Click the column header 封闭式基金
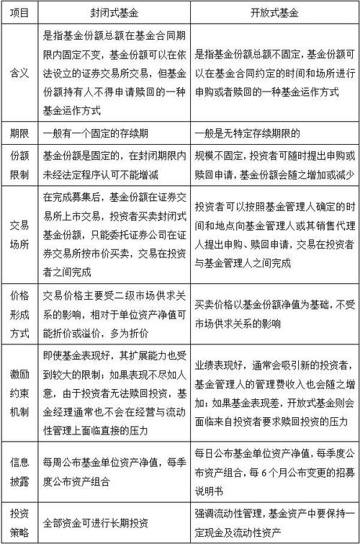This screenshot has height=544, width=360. point(114,12)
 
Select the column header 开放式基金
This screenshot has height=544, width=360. point(274,12)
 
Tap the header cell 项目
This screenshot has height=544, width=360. point(19,12)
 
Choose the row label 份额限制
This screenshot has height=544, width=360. point(19,165)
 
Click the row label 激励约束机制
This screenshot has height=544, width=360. point(19,392)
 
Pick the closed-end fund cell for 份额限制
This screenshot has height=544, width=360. point(114,165)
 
